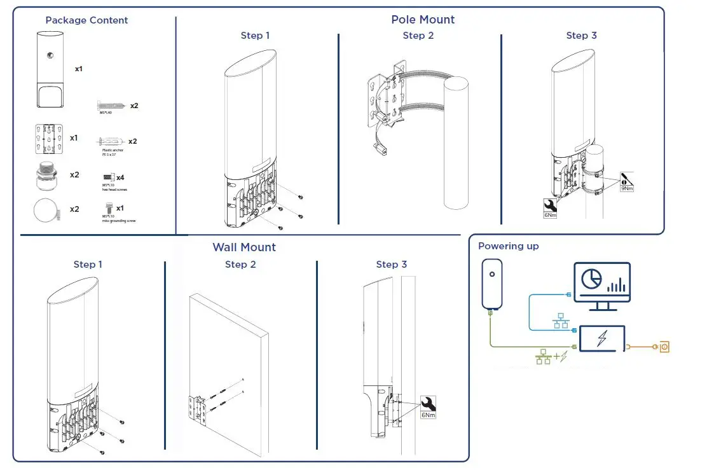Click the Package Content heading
pyautogui.click(x=86, y=20)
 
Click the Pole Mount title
pyautogui.click(x=423, y=20)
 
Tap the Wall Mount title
pyautogui.click(x=244, y=247)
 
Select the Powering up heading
pyautogui.click(x=509, y=246)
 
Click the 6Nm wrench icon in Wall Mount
pyautogui.click(x=429, y=406)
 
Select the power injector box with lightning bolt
pyautogui.click(x=601, y=339)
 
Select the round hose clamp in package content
pyautogui.click(x=46, y=210)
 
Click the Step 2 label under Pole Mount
pyautogui.click(x=418, y=36)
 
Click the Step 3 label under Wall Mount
pyautogui.click(x=391, y=265)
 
